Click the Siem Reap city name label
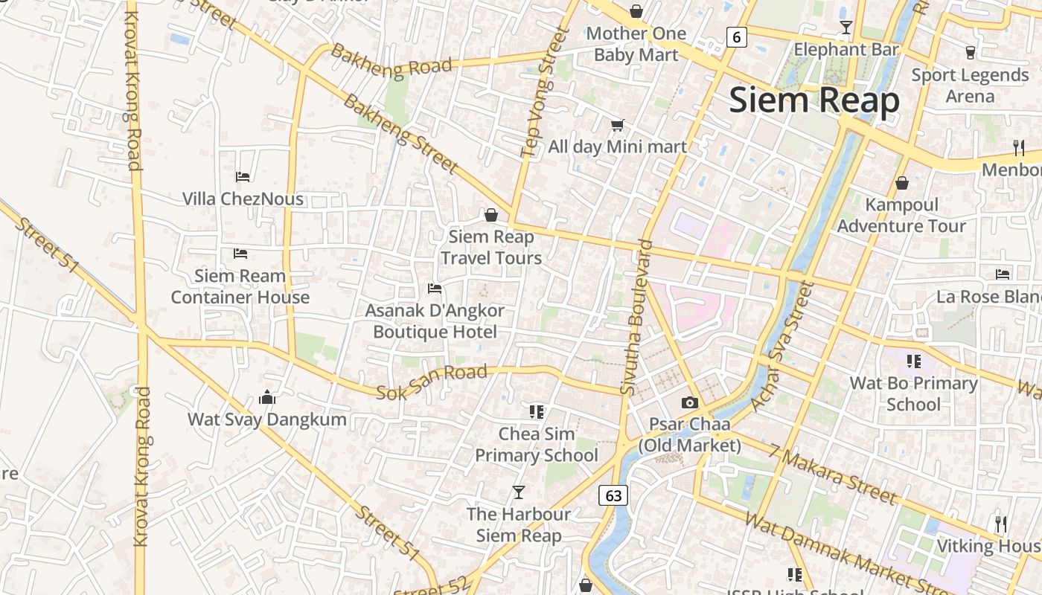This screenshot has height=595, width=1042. [x=814, y=100]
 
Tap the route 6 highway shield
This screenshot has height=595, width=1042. [x=736, y=36]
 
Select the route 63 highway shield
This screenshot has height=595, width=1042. [x=613, y=495]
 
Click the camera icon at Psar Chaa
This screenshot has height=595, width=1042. [x=690, y=402]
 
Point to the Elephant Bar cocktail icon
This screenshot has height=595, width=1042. [x=846, y=28]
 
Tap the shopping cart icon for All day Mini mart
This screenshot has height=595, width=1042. [x=617, y=125]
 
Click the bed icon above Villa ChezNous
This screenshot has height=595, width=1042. [x=243, y=176]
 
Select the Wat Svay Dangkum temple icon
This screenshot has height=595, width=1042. [x=267, y=398]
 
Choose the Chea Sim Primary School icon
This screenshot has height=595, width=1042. [x=537, y=411]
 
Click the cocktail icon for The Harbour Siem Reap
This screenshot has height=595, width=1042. [x=519, y=492]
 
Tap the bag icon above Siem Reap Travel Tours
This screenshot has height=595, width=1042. [x=491, y=215]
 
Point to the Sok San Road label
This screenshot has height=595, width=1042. [x=432, y=382]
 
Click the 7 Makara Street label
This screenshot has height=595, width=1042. [x=833, y=474]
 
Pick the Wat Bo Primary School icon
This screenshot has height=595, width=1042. [x=914, y=361]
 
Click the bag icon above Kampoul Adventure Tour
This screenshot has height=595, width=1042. [x=902, y=182]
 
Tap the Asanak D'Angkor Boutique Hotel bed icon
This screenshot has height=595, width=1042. [x=435, y=288]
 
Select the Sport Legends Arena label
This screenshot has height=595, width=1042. [x=970, y=86]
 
